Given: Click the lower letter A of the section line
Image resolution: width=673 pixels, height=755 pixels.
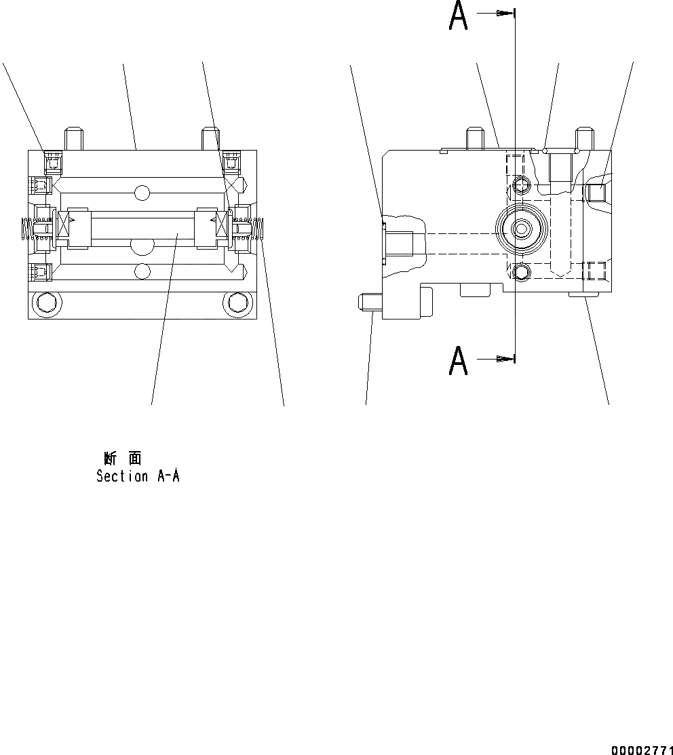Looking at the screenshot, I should tap(459, 361).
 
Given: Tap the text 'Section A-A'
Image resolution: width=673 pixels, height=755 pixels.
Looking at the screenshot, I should tap(138, 476).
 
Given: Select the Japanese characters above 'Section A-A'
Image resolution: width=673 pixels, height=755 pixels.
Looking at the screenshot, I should tap(122, 459).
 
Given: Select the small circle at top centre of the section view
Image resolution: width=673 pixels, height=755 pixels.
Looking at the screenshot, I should tap(141, 193).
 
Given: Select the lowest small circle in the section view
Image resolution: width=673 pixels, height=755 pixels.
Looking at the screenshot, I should tap(141, 272).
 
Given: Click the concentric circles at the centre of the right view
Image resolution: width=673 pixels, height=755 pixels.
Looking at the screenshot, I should tap(520, 229).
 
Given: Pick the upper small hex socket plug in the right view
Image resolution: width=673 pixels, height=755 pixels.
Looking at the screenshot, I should tap(521, 185).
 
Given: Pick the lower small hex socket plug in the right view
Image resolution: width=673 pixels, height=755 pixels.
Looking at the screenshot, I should tap(521, 273).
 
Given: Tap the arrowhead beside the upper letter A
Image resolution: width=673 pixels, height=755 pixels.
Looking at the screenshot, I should tap(503, 13).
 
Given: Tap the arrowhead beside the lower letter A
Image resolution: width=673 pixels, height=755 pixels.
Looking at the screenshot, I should tap(503, 358).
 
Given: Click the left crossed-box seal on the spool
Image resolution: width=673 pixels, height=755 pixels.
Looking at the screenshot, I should tap(66, 225).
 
